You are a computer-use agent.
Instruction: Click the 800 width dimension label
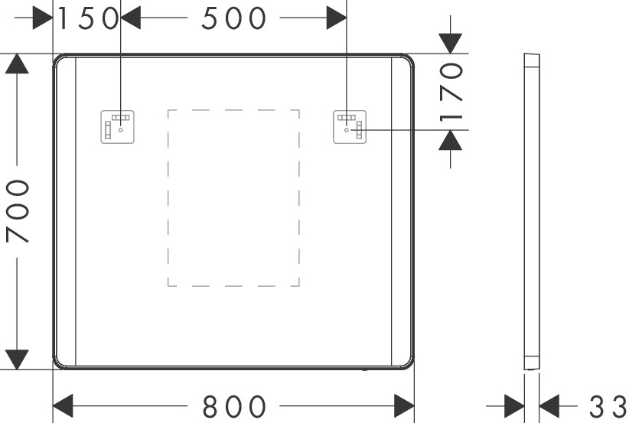click(234, 406)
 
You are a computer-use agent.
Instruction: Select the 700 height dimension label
click(18, 212)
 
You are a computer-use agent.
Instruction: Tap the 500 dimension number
click(234, 18)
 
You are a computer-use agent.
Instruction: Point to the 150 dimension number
click(86, 18)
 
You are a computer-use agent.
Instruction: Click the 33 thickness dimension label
click(608, 406)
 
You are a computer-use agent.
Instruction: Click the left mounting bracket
click(119, 126)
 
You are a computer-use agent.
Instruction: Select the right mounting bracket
click(350, 126)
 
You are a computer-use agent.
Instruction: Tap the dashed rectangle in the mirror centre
click(233, 197)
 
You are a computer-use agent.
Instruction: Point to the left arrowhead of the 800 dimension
click(62, 405)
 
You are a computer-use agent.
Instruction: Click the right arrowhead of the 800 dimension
click(404, 405)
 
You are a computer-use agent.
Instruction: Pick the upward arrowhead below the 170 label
click(451, 140)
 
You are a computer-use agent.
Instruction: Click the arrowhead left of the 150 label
click(43, 18)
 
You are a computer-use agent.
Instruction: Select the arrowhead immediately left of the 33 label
click(549, 405)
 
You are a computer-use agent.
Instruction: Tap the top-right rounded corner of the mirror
click(406, 60)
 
